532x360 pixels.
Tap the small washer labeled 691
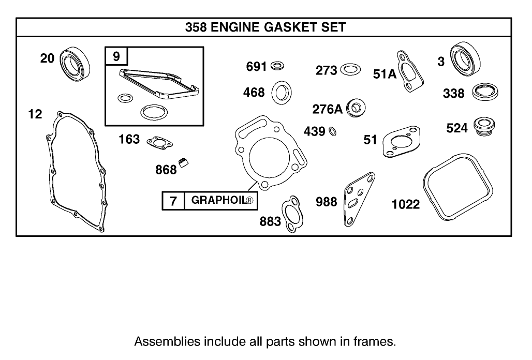tap(277, 66)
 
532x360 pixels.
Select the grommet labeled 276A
tap(356, 108)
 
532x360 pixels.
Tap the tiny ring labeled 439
tap(333, 131)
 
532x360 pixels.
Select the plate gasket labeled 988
tap(358, 200)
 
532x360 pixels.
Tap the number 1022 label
tap(405, 204)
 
